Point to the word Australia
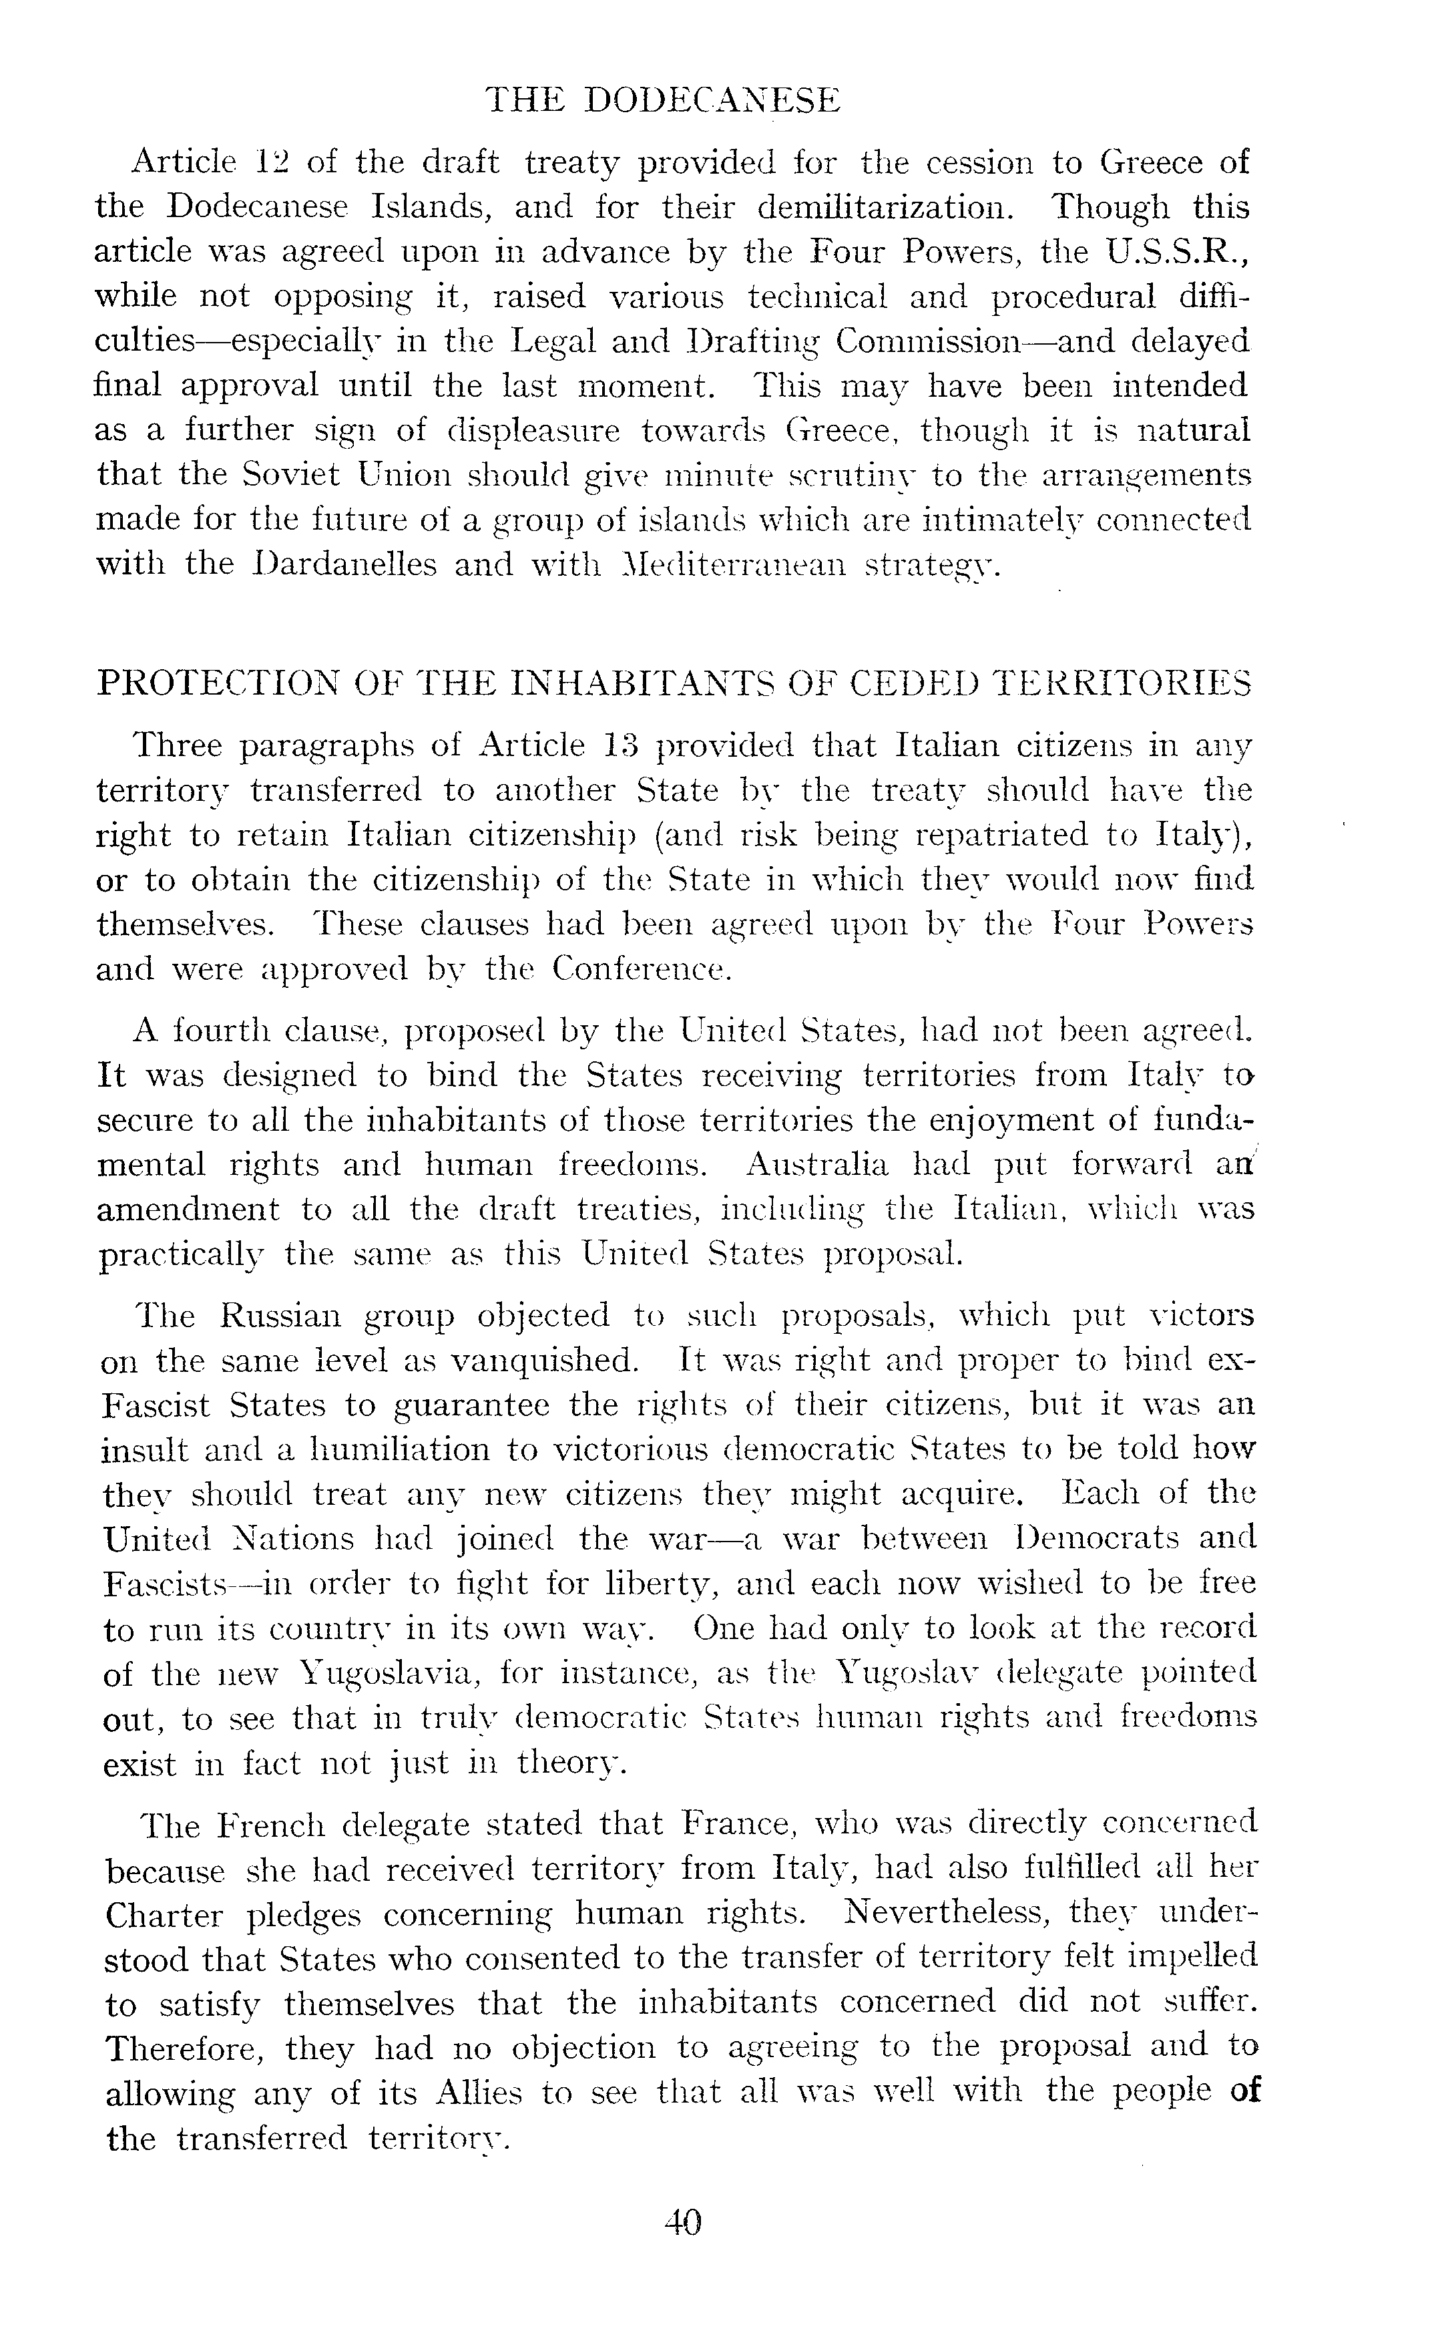(x=818, y=1165)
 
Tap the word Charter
(x=164, y=1916)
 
